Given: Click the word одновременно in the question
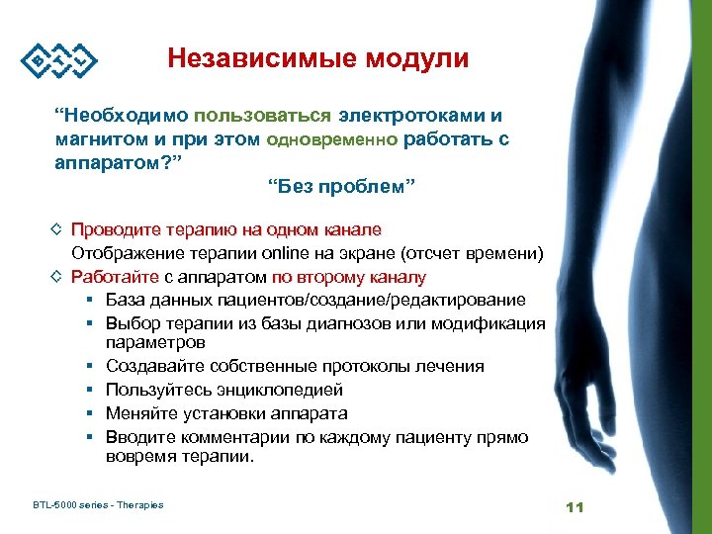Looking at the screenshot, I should (333, 139).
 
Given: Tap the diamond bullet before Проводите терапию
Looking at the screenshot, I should (58, 229).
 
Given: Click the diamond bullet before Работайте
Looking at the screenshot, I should (58, 277).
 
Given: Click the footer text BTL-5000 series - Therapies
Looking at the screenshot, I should (98, 505).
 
